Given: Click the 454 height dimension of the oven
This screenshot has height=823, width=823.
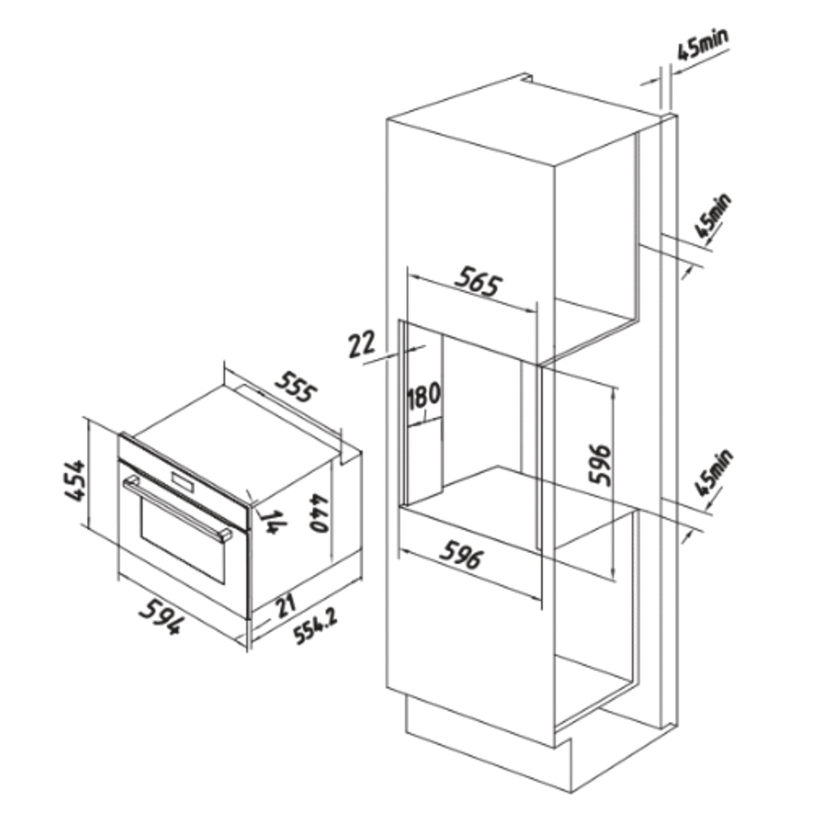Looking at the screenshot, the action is point(75,480).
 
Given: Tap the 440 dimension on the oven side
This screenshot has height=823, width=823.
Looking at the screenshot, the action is point(318,513).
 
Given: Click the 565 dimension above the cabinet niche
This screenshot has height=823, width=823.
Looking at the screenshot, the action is point(477,281).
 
